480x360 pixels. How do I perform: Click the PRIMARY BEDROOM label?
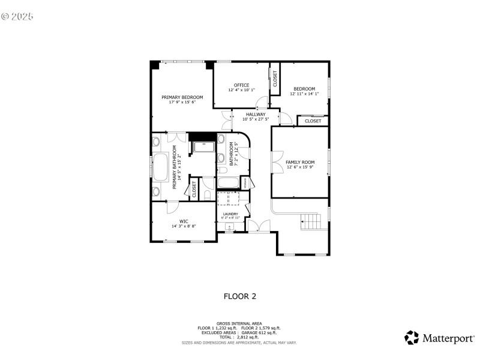[182, 97]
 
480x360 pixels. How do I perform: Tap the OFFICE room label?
[241, 85]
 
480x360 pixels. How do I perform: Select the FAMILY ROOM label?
[299, 162]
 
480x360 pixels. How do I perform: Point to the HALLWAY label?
[255, 114]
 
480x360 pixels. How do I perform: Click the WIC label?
[184, 221]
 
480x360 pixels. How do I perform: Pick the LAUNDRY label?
[230, 214]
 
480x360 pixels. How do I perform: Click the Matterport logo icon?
[411, 338]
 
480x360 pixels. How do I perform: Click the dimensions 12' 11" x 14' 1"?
[304, 94]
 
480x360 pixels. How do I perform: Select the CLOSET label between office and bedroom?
[275, 79]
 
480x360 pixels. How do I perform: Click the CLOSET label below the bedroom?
[313, 121]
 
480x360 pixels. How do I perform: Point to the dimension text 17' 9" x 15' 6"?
[182, 102]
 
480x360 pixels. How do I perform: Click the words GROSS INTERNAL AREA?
[239, 323]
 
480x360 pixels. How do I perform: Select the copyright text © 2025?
[17, 16]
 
